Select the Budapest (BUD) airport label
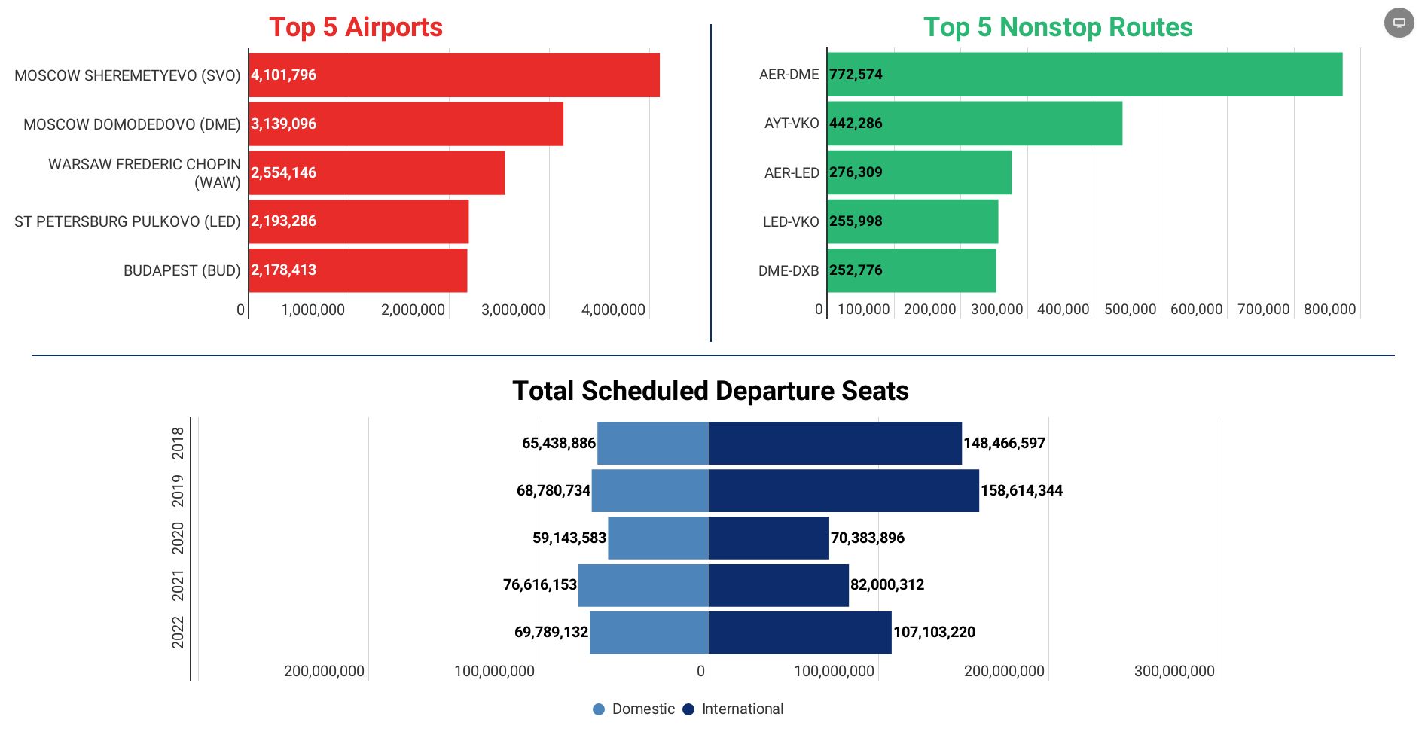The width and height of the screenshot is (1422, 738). tap(182, 270)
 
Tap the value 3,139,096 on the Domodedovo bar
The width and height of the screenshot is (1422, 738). tap(284, 124)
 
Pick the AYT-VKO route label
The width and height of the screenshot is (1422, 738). tap(791, 124)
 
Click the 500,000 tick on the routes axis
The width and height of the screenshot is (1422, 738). tap(1130, 310)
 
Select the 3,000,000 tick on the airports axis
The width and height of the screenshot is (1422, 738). tap(513, 310)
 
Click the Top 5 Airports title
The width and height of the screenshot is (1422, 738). tap(355, 27)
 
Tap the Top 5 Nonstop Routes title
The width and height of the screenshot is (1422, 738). tap(1057, 27)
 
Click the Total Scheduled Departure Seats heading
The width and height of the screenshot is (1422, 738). tap(710, 391)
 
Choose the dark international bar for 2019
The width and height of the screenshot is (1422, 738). tap(844, 491)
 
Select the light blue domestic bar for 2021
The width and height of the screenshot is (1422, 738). tap(643, 585)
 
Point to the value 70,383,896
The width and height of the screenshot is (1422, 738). tap(867, 538)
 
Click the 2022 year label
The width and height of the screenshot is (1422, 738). tap(178, 632)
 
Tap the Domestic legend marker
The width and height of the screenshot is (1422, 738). tap(599, 709)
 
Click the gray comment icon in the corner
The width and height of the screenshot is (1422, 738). tap(1399, 23)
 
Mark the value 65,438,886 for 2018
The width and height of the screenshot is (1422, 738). tap(558, 444)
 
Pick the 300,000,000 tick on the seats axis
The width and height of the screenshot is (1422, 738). tap(1174, 671)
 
